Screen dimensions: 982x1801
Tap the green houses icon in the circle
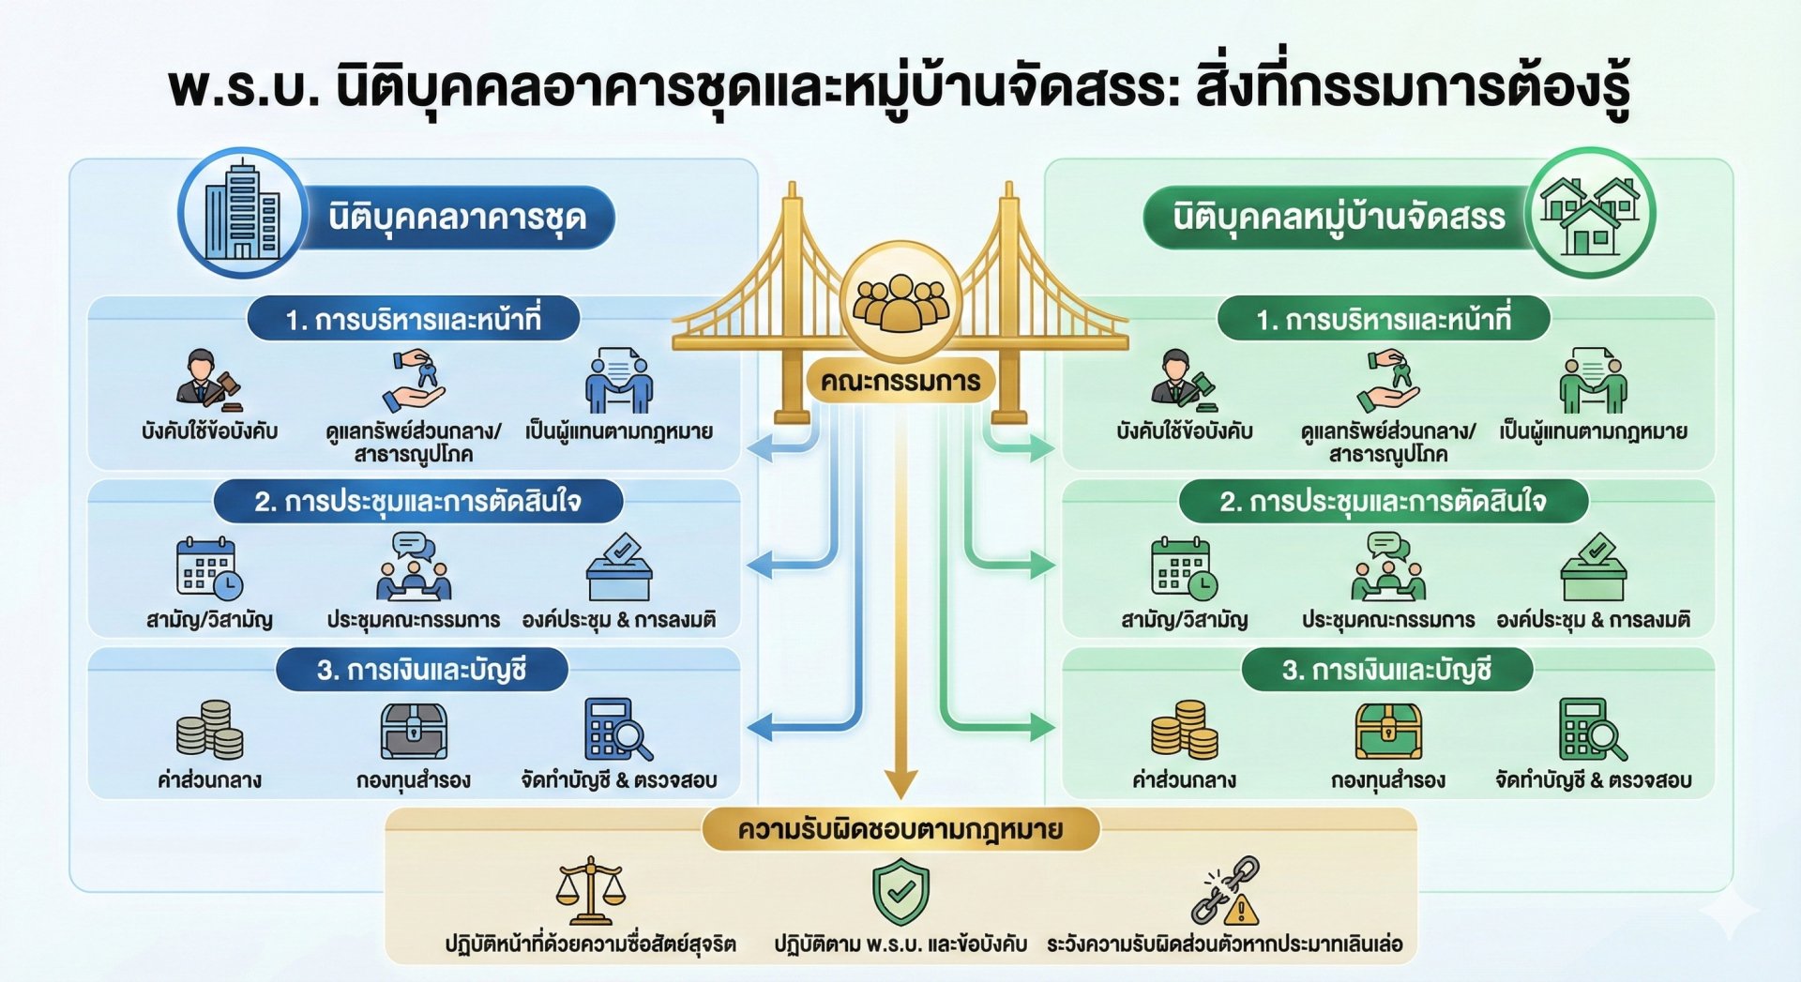pyautogui.click(x=1591, y=214)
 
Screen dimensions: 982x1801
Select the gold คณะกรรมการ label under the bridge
pyautogui.click(x=900, y=382)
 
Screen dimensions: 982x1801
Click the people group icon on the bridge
pyautogui.click(x=900, y=302)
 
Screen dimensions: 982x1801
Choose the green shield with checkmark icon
pyautogui.click(x=900, y=893)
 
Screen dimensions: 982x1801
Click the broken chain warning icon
pyautogui.click(x=1225, y=891)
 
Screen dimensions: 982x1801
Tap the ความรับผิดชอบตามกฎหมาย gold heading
pyautogui.click(x=900, y=830)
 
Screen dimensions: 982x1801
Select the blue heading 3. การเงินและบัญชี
pyautogui.click(x=421, y=671)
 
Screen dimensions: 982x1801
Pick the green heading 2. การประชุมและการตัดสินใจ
pyautogui.click(x=1383, y=502)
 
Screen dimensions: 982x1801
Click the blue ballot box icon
pyautogui.click(x=619, y=568)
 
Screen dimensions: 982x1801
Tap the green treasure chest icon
pyautogui.click(x=1388, y=731)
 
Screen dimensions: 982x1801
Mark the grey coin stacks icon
pyautogui.click(x=209, y=730)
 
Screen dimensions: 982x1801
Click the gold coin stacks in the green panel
pyautogui.click(x=1184, y=730)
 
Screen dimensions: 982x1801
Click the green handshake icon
pyautogui.click(x=1593, y=381)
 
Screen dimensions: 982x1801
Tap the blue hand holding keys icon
pyautogui.click(x=414, y=381)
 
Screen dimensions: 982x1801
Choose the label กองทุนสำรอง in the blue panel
pyautogui.click(x=414, y=780)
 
